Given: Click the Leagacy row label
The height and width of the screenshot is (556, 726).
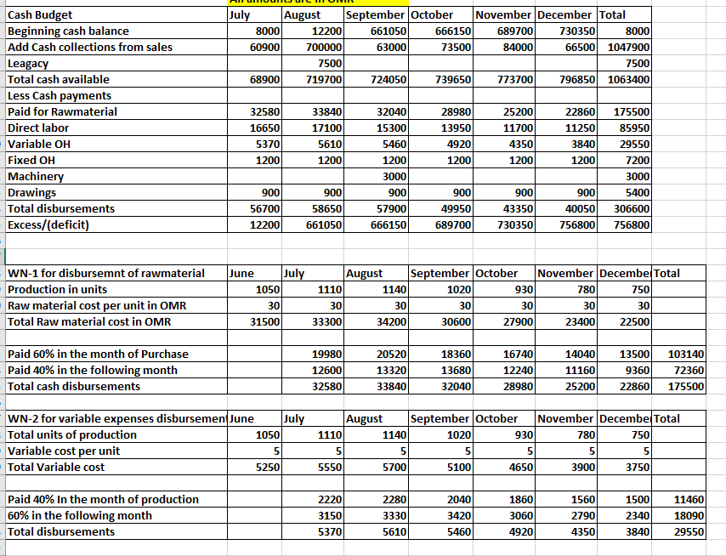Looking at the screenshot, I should (x=28, y=63).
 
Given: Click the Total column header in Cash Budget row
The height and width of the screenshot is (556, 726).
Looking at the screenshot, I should (x=613, y=14).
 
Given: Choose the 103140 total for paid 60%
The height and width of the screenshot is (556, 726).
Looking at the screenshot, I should (x=687, y=354).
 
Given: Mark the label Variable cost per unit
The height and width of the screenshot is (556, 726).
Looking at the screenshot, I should (x=63, y=451).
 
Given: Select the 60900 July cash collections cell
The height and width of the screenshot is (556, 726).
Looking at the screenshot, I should (x=261, y=47).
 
